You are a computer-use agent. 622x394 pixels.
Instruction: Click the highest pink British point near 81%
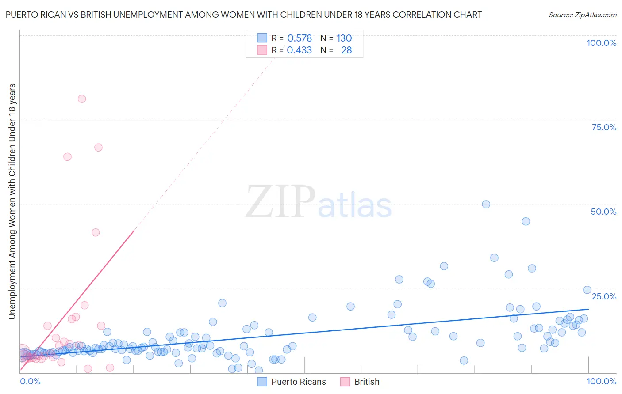pos(82,99)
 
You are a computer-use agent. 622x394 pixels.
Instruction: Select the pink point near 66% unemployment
pos(98,148)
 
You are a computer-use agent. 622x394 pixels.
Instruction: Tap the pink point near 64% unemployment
pos(67,157)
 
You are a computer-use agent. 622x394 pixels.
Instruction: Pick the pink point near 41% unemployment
pos(96,232)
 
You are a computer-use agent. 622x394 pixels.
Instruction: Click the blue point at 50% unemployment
pos(486,204)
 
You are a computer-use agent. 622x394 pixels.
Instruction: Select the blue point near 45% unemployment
pos(526,221)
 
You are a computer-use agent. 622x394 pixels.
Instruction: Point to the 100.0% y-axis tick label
pos(601,43)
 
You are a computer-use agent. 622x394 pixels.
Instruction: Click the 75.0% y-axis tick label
pos(604,127)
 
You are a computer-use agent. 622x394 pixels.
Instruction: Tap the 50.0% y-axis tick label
pos(603,212)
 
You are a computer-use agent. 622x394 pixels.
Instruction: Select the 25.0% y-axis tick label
pos(604,296)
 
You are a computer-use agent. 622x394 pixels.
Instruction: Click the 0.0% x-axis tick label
pos(30,381)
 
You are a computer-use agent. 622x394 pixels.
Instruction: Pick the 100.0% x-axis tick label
pos(601,381)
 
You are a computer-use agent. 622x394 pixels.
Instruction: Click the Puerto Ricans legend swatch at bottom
pos(262,382)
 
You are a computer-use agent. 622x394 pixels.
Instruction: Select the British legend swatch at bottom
pos(345,382)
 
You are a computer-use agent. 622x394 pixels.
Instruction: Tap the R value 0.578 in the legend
pos(299,38)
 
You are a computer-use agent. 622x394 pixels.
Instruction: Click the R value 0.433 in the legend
pos(299,50)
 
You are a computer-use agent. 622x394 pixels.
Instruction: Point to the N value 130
pos(344,38)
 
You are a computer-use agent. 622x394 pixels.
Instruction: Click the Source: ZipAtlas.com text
pos(582,15)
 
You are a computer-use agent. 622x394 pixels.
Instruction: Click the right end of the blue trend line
pos(588,309)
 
